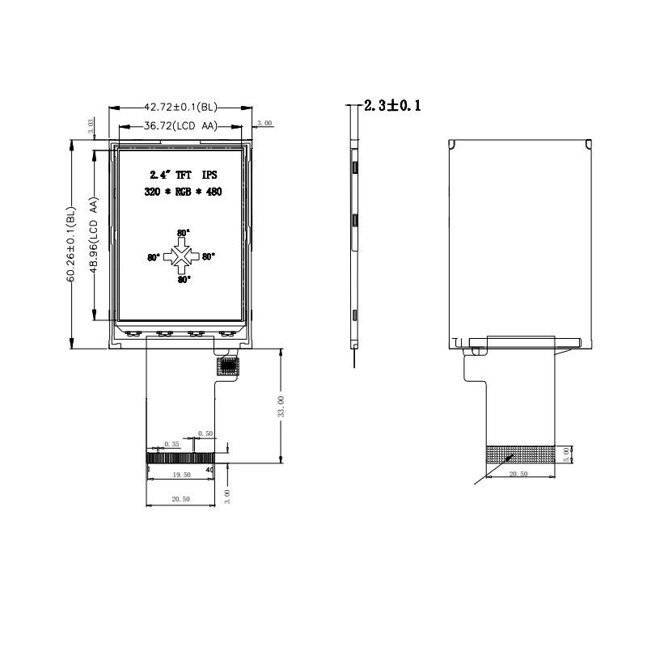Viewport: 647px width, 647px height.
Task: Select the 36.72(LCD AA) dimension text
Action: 180,126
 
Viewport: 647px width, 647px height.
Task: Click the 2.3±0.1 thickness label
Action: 392,106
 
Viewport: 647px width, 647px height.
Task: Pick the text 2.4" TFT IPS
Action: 184,175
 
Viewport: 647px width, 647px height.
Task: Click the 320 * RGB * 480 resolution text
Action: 183,192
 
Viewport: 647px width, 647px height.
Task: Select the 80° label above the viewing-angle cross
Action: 183,233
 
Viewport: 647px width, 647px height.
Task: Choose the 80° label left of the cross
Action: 154,258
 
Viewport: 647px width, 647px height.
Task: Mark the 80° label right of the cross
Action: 209,257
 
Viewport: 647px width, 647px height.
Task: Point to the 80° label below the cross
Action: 184,280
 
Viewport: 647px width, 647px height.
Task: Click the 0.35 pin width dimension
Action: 171,444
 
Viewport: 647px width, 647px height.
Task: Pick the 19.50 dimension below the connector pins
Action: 181,476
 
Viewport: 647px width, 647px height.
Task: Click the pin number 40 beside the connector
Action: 210,469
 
